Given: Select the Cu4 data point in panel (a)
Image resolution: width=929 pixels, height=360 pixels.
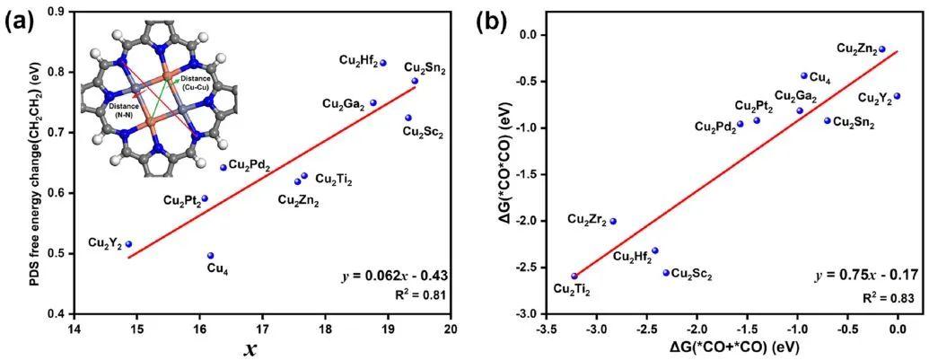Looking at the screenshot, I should [x=211, y=256].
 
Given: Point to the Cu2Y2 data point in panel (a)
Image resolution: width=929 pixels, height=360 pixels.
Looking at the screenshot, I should [x=129, y=244].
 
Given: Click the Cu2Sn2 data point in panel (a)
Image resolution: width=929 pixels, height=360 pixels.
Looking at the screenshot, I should [x=415, y=81].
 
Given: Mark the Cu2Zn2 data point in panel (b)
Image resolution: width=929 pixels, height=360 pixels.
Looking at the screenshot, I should [x=882, y=49].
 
